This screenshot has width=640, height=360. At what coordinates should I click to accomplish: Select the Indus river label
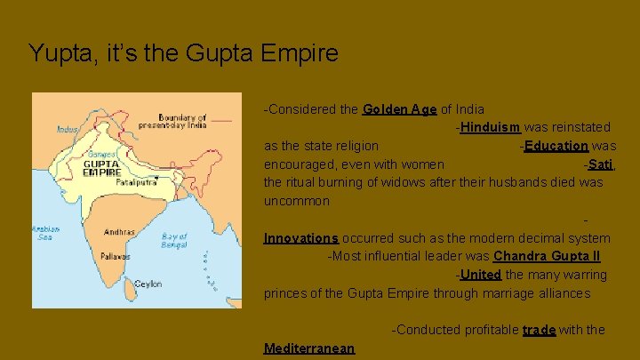pyautogui.click(x=68, y=129)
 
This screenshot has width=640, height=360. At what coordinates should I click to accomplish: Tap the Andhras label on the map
pyautogui.click(x=119, y=232)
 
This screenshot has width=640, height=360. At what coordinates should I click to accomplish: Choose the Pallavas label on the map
pyautogui.click(x=115, y=256)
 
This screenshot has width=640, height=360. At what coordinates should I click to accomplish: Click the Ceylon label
pyautogui.click(x=148, y=284)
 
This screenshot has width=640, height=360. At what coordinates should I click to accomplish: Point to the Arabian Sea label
pyautogui.click(x=45, y=233)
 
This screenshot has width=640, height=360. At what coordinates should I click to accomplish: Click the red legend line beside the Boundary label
pyautogui.click(x=221, y=120)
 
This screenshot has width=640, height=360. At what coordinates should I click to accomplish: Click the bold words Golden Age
pyautogui.click(x=399, y=110)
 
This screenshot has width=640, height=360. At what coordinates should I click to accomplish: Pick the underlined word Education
pyautogui.click(x=556, y=146)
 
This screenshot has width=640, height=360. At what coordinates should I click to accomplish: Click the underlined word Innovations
pyautogui.click(x=301, y=238)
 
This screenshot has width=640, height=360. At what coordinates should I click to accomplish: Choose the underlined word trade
pyautogui.click(x=539, y=330)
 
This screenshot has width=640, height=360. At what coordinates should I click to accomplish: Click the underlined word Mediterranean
pyautogui.click(x=309, y=348)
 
